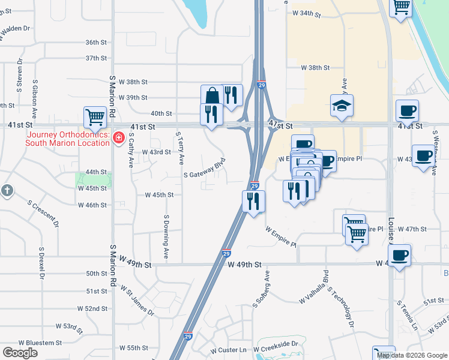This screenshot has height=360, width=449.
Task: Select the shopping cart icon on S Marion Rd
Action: point(95,117)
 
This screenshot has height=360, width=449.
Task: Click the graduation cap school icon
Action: point(342,106)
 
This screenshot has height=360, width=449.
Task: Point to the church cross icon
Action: point(7,191)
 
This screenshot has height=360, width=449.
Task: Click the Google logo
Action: point(20,353)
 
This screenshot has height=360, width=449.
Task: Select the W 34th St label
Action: point(303,13)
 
